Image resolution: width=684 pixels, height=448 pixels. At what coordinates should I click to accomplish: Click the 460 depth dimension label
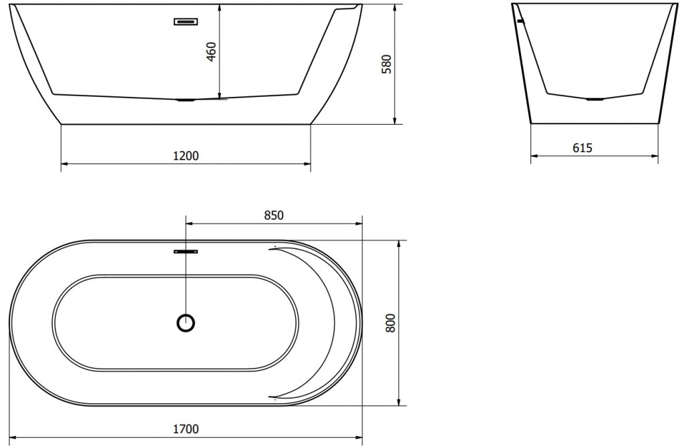(x=211, y=51)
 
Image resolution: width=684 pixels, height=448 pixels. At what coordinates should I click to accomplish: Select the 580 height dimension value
(x=387, y=64)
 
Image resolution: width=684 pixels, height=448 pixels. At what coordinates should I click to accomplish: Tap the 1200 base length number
(x=186, y=156)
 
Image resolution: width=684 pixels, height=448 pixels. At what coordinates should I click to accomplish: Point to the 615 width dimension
(x=582, y=148)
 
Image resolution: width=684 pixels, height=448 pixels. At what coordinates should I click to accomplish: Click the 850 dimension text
(x=274, y=215)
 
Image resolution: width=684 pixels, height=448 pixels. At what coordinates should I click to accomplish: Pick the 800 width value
(x=390, y=322)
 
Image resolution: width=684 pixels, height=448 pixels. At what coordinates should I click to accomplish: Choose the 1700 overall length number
(x=186, y=429)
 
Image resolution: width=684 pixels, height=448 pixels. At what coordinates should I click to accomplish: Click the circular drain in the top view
(x=186, y=323)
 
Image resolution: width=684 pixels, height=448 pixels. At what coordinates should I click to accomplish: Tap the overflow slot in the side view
(x=186, y=21)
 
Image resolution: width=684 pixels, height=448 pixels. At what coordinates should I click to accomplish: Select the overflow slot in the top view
(x=186, y=251)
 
